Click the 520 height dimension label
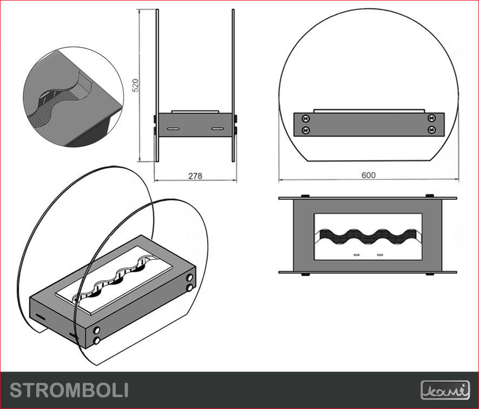pyautogui.click(x=136, y=85)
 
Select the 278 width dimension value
pyautogui.click(x=195, y=176)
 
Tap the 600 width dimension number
pyautogui.click(x=368, y=175)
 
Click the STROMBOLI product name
pyautogui.click(x=69, y=390)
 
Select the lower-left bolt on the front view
pyautogui.click(x=305, y=130)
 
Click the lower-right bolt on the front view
pyautogui.click(x=431, y=130)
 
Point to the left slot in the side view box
pyautogui.click(x=173, y=129)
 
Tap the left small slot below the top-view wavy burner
pyautogui.click(x=356, y=254)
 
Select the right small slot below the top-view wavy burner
pyautogui.click(x=380, y=254)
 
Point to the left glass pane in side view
pyautogui.click(x=157, y=85)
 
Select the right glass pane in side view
pyautogui.click(x=234, y=85)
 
